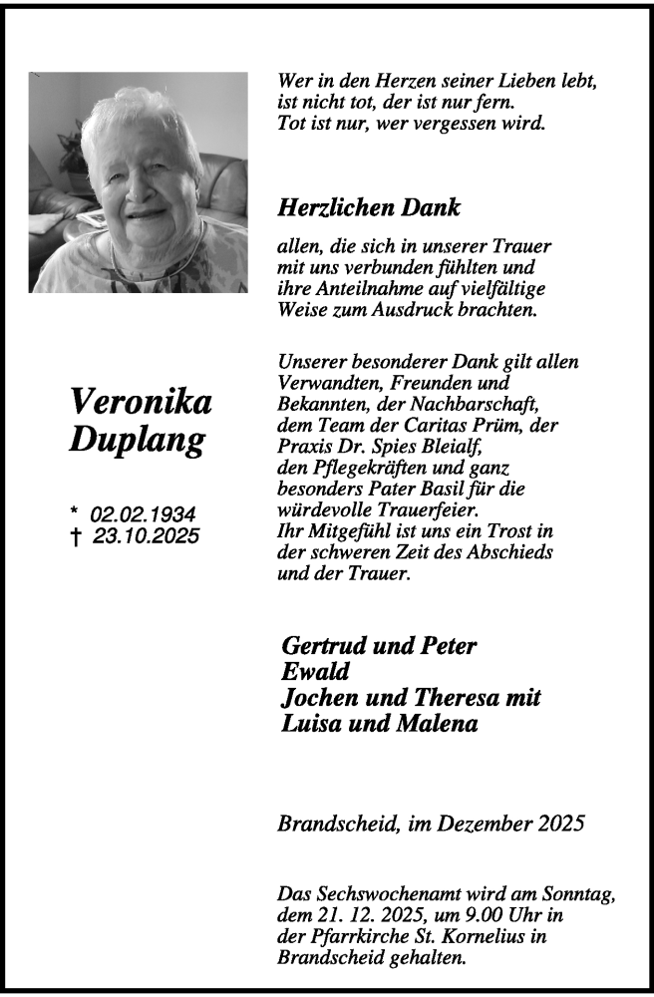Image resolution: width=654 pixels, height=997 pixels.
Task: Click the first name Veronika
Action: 141,402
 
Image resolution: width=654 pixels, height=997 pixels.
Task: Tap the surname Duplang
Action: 139,440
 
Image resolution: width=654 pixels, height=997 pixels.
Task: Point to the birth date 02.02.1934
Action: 144,514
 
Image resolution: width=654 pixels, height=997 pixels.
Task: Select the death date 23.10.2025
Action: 146,535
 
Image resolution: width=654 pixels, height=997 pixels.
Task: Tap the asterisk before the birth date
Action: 75,512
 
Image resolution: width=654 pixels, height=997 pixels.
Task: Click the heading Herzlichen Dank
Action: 369,208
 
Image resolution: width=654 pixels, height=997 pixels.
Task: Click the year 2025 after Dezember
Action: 558,824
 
